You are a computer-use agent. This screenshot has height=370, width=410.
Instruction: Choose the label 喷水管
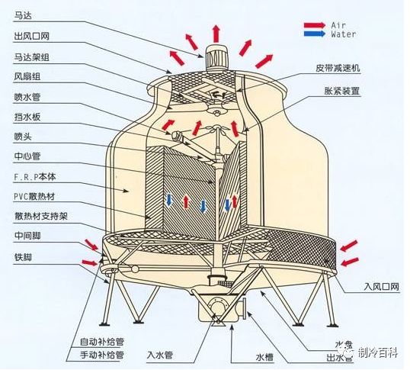click(x=26, y=98)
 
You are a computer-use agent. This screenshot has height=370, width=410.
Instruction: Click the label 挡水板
click(x=26, y=117)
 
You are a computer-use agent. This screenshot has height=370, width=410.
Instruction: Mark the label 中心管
click(x=26, y=157)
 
